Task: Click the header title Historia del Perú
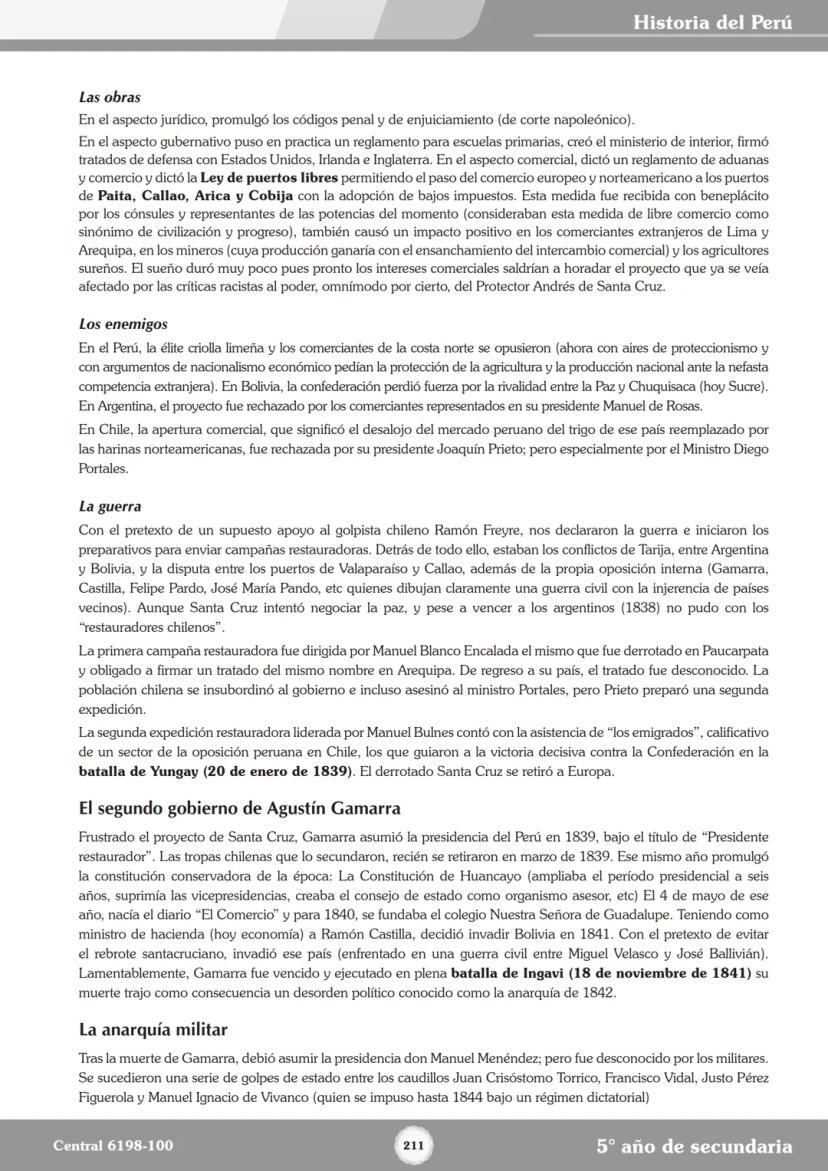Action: [712, 22]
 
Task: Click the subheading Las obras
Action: [109, 98]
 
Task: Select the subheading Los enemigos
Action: [123, 324]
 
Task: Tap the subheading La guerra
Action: [110, 507]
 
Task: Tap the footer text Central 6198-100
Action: [112, 1146]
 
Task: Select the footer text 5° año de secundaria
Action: [694, 1146]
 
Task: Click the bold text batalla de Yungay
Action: [139, 772]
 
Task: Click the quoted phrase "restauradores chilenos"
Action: [152, 627]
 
